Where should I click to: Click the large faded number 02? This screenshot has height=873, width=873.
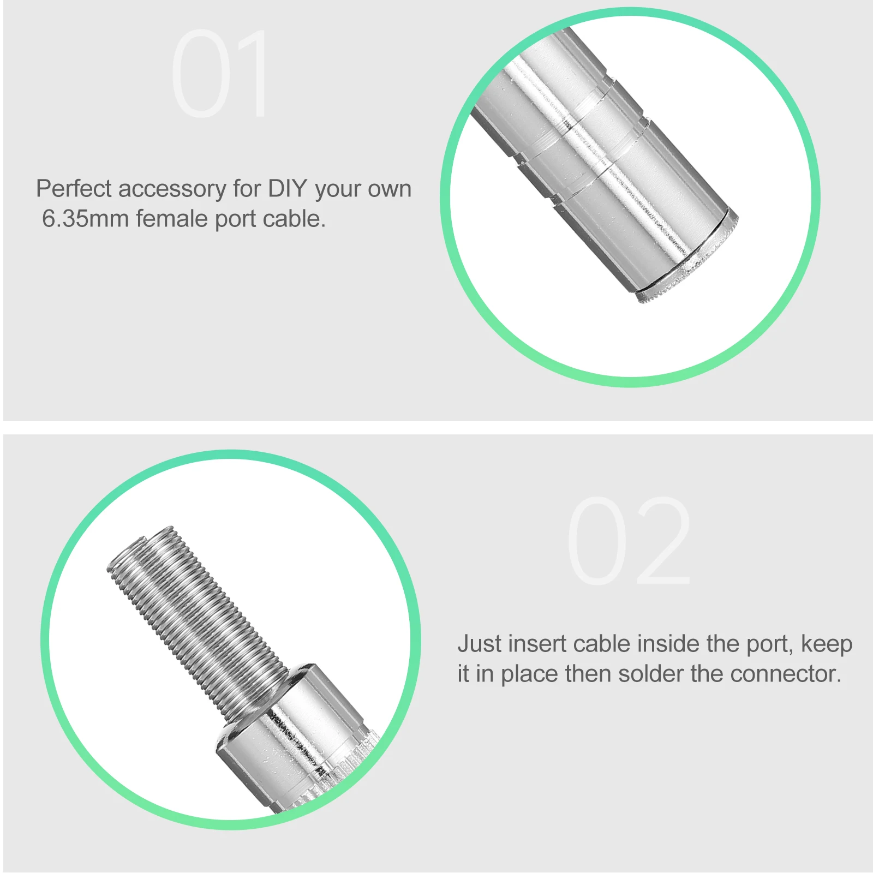coord(629,541)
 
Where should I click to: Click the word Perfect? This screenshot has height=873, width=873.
coord(74,189)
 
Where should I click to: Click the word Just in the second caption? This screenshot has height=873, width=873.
coord(479,644)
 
